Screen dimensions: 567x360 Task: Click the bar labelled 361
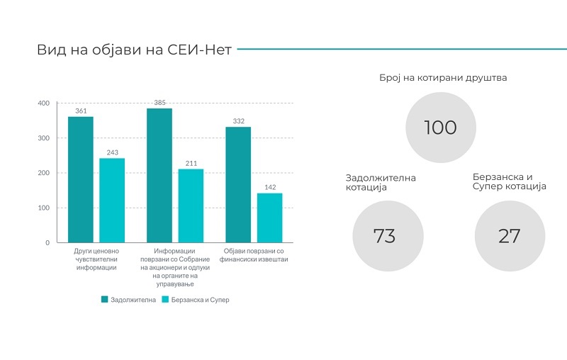pyautogui.click(x=81, y=179)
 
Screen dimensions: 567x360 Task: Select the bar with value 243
pyautogui.click(x=112, y=201)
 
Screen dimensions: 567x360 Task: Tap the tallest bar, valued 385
pyautogui.click(x=159, y=175)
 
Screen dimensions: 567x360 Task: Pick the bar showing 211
pyautogui.click(x=191, y=206)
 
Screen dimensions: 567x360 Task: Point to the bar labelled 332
pyautogui.click(x=238, y=185)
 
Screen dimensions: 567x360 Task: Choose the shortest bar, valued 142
pyautogui.click(x=270, y=218)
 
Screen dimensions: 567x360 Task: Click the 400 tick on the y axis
pyautogui.click(x=44, y=103)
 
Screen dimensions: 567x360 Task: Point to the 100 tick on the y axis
pyautogui.click(x=44, y=208)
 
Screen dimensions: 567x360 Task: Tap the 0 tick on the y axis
pyautogui.click(x=47, y=243)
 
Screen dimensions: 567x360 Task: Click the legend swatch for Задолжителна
pyautogui.click(x=104, y=299)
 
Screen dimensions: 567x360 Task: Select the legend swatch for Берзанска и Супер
pyautogui.click(x=165, y=299)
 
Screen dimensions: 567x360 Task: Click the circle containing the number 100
pyautogui.click(x=440, y=128)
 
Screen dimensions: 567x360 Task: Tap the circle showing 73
pyautogui.click(x=388, y=236)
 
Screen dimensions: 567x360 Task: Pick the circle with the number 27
pyautogui.click(x=510, y=236)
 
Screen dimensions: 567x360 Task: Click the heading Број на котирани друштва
pyautogui.click(x=443, y=78)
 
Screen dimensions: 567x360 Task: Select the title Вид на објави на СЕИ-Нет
pyautogui.click(x=134, y=50)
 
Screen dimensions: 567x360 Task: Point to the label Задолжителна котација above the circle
pyautogui.click(x=381, y=183)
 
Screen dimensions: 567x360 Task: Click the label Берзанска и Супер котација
pyautogui.click(x=509, y=181)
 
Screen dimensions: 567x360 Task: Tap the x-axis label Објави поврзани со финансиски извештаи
pyautogui.click(x=254, y=255)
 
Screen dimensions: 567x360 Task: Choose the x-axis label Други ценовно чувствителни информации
pyautogui.click(x=96, y=259)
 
